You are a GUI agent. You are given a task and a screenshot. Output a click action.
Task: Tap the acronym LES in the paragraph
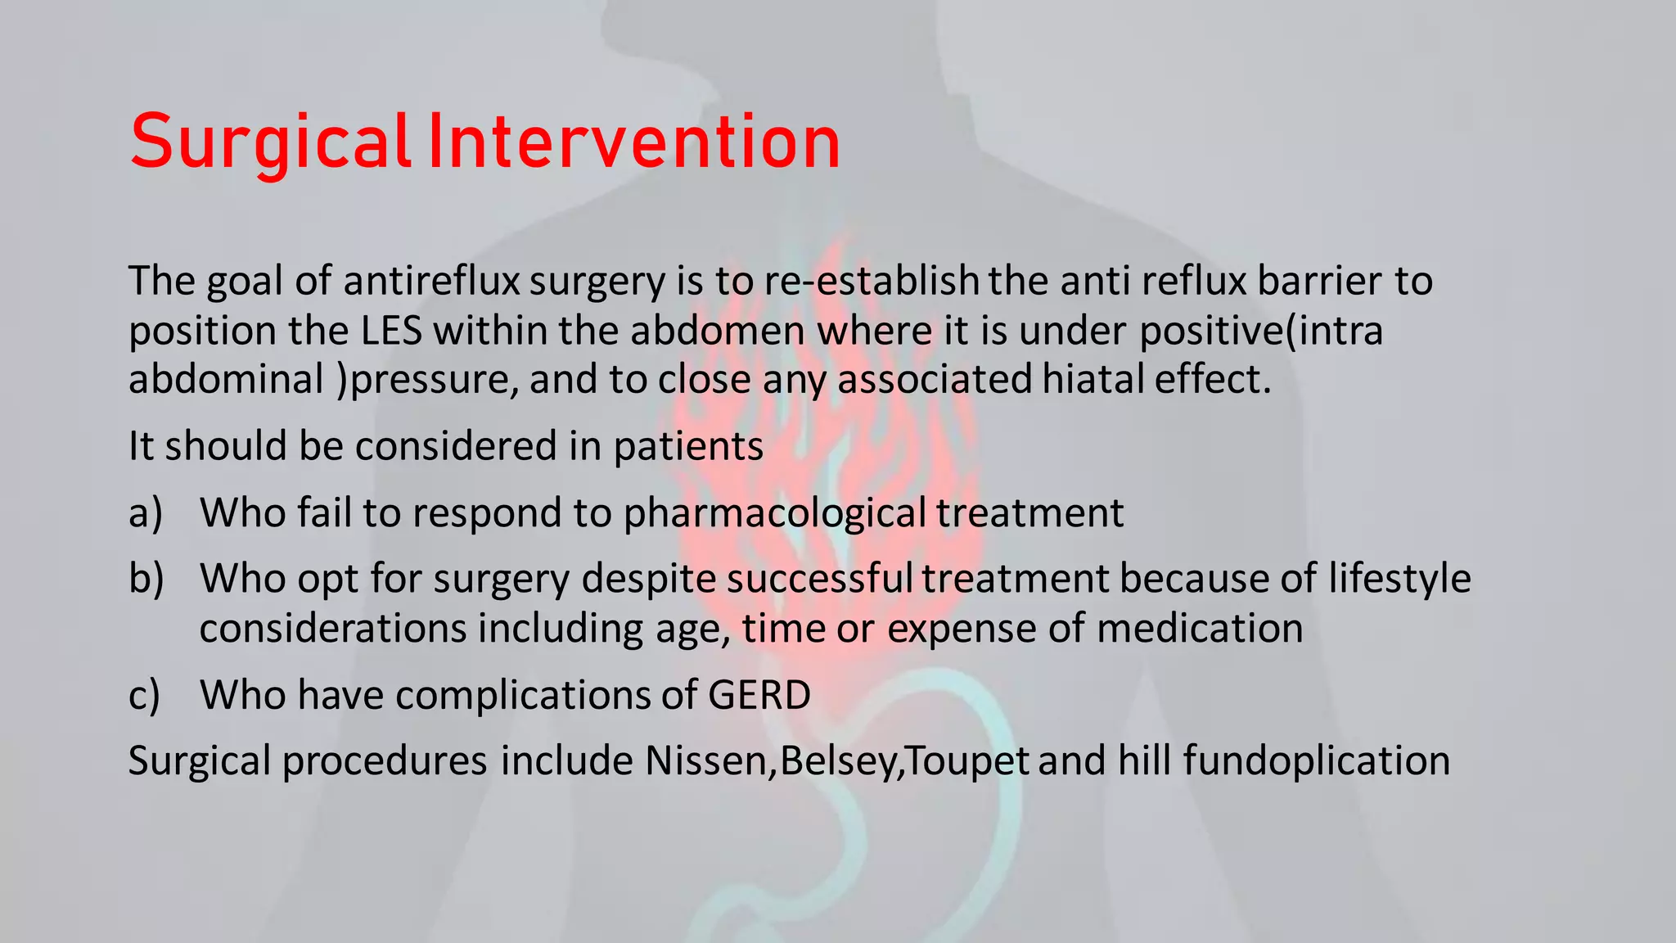[391, 331]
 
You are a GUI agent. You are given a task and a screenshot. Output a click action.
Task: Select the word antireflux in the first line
[431, 281]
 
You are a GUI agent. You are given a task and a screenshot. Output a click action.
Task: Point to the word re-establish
[872, 281]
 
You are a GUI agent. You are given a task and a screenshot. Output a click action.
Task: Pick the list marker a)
[146, 513]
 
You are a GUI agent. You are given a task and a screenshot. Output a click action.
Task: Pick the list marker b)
[146, 579]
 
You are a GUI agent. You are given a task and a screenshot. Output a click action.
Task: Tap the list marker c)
[145, 696]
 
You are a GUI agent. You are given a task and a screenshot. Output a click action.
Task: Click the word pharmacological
[775, 513]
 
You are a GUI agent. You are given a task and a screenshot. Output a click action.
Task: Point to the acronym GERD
[759, 695]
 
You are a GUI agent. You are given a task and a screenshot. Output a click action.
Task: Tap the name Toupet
[968, 761]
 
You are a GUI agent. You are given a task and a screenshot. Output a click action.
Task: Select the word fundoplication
[1316, 761]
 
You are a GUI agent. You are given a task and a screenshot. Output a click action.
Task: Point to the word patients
[688, 447]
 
